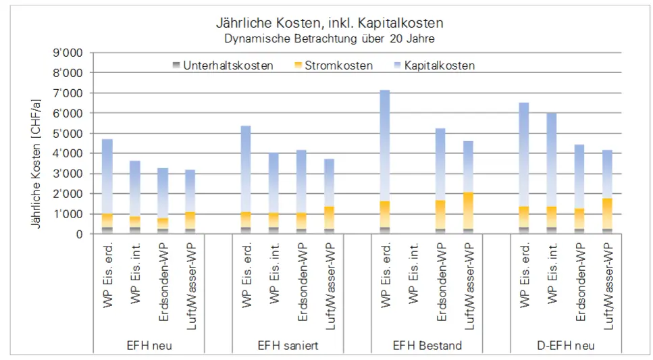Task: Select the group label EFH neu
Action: point(149,345)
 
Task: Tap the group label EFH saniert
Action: point(288,345)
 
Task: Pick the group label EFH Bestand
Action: point(427,345)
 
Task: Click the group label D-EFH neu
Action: point(567,345)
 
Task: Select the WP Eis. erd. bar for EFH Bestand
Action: point(384,162)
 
